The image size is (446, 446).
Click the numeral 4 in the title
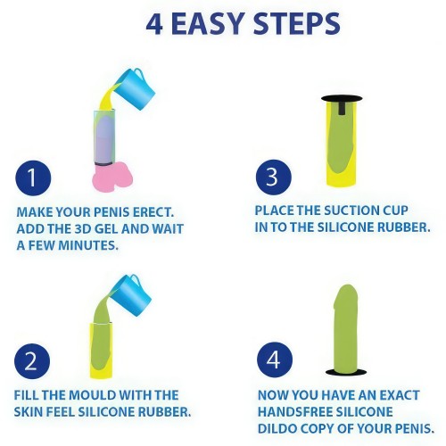coord(154,24)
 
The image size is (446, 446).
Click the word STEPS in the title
coord(297,24)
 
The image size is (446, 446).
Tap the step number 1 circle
coord(33,178)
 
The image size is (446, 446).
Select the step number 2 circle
coord(32,361)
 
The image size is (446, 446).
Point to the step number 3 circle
coord(274,178)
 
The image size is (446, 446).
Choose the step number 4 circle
coord(275,359)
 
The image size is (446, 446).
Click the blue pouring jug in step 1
coord(136,88)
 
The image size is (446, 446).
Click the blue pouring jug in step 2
coord(132,295)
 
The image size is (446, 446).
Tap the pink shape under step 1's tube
coord(112,177)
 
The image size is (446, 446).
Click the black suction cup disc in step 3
coord(342,99)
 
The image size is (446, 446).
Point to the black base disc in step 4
coord(346,372)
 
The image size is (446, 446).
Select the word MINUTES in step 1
coord(87,245)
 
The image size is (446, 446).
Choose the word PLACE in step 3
coord(274,211)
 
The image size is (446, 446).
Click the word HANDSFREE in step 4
coord(294,412)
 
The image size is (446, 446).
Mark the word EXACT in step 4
coord(400,395)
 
